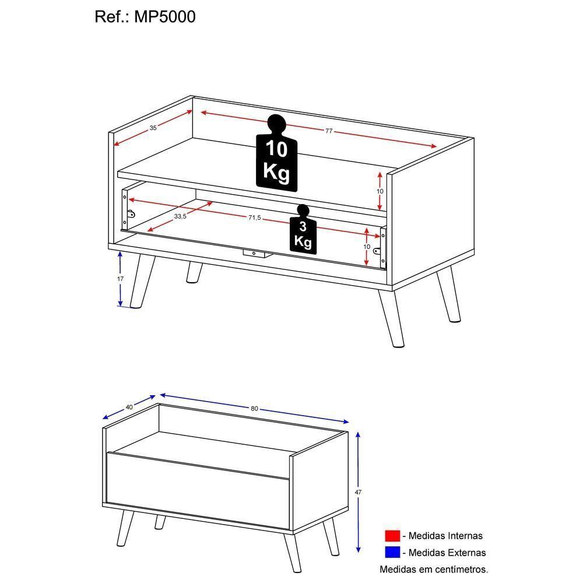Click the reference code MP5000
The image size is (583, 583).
pos(166,17)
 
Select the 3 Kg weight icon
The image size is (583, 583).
pos(303,231)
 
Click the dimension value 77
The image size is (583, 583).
pos(329,131)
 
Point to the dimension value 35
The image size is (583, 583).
pos(153,128)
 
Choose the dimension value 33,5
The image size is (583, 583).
pos(180,216)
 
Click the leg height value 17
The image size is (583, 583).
pos(120,279)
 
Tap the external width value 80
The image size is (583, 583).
pos(254,409)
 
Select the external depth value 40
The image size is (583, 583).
pos(129,407)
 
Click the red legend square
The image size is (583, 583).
pos(392,536)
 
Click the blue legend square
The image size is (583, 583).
pos(392,552)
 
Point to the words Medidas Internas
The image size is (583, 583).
pos(446,536)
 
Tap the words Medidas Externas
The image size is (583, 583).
pos(447,552)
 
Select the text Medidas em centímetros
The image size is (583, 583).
pos(434,568)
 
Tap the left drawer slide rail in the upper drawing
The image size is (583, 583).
pos(125,209)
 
